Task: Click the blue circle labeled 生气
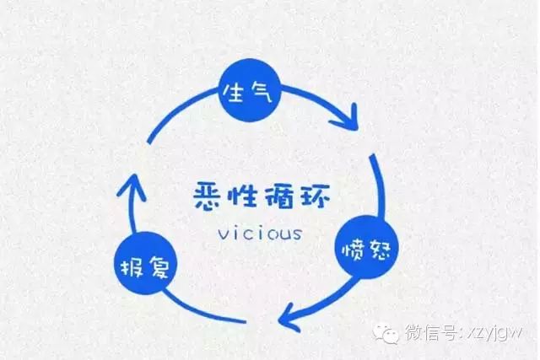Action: coord(250,90)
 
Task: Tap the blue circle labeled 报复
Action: coord(145,263)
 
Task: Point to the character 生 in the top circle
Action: coord(235,92)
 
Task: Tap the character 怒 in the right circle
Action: coord(379,249)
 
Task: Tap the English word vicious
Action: coord(260,233)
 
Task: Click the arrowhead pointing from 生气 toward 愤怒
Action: coord(347,118)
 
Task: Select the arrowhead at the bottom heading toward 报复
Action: coord(289,317)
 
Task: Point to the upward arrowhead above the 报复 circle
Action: coord(132,187)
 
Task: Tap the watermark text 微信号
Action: coord(431,332)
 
